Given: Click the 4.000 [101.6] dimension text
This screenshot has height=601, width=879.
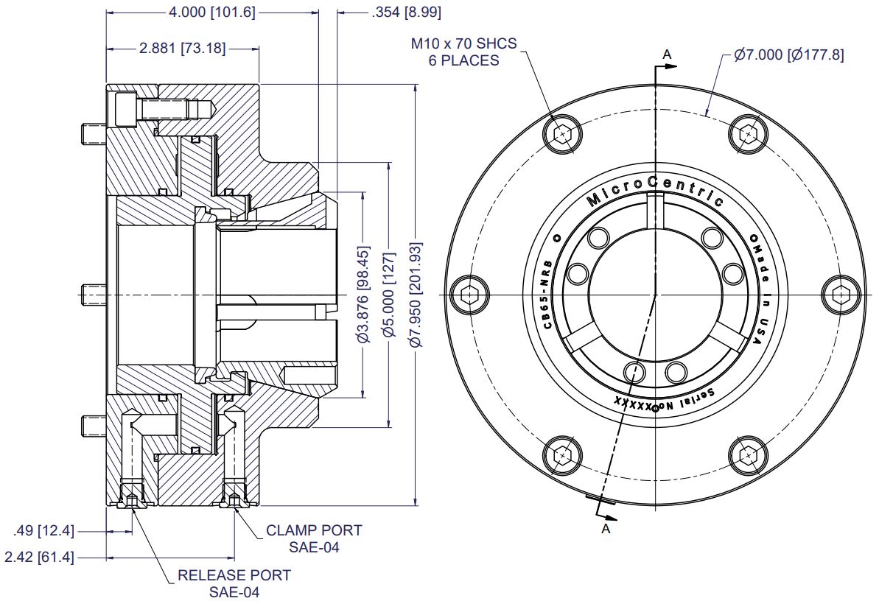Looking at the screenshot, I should [x=212, y=13].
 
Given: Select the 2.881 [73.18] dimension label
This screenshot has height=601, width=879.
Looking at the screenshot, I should [x=182, y=49].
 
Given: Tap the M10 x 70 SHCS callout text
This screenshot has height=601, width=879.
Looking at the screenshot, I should [x=463, y=43].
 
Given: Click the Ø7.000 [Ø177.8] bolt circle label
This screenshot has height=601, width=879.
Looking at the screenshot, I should [x=788, y=55].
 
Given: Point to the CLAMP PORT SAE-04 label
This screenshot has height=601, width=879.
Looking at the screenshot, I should [x=314, y=538].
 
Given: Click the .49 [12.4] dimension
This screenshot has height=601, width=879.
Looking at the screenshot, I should [x=44, y=530].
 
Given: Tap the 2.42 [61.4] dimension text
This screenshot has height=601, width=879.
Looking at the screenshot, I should [x=40, y=558].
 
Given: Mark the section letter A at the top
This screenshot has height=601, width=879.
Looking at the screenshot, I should [x=668, y=53].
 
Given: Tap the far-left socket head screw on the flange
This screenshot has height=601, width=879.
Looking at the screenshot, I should [x=469, y=294].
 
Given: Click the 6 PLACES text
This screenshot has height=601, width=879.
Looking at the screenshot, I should [x=463, y=60].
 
